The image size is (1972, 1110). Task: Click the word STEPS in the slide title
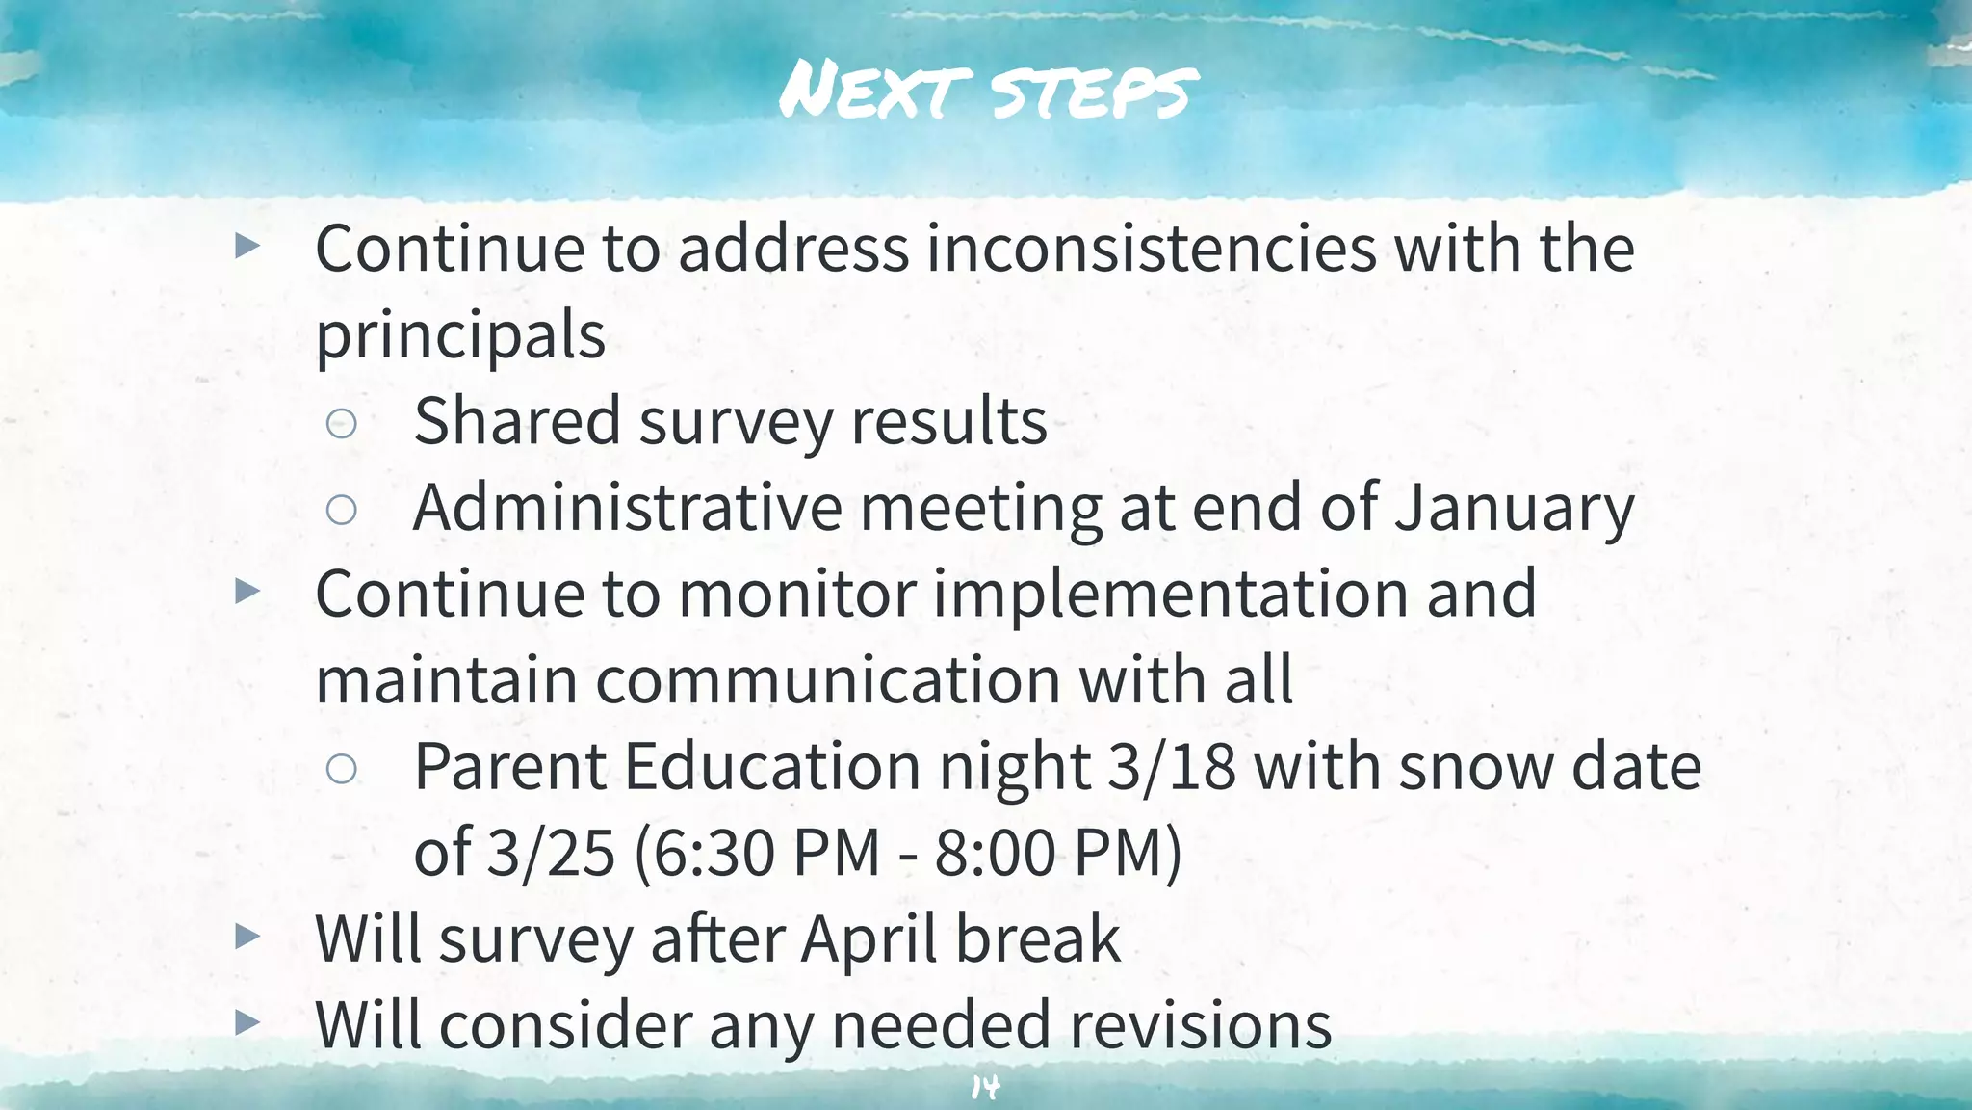(1094, 93)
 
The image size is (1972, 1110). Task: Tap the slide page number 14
(985, 1088)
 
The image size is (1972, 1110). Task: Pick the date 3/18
(1172, 767)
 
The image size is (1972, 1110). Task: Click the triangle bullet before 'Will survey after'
(247, 936)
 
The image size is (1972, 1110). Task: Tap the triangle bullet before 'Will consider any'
(247, 1022)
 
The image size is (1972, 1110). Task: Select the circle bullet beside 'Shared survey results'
(342, 423)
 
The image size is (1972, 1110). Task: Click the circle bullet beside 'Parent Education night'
(342, 768)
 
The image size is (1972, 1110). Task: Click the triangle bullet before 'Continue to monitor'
(247, 591)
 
